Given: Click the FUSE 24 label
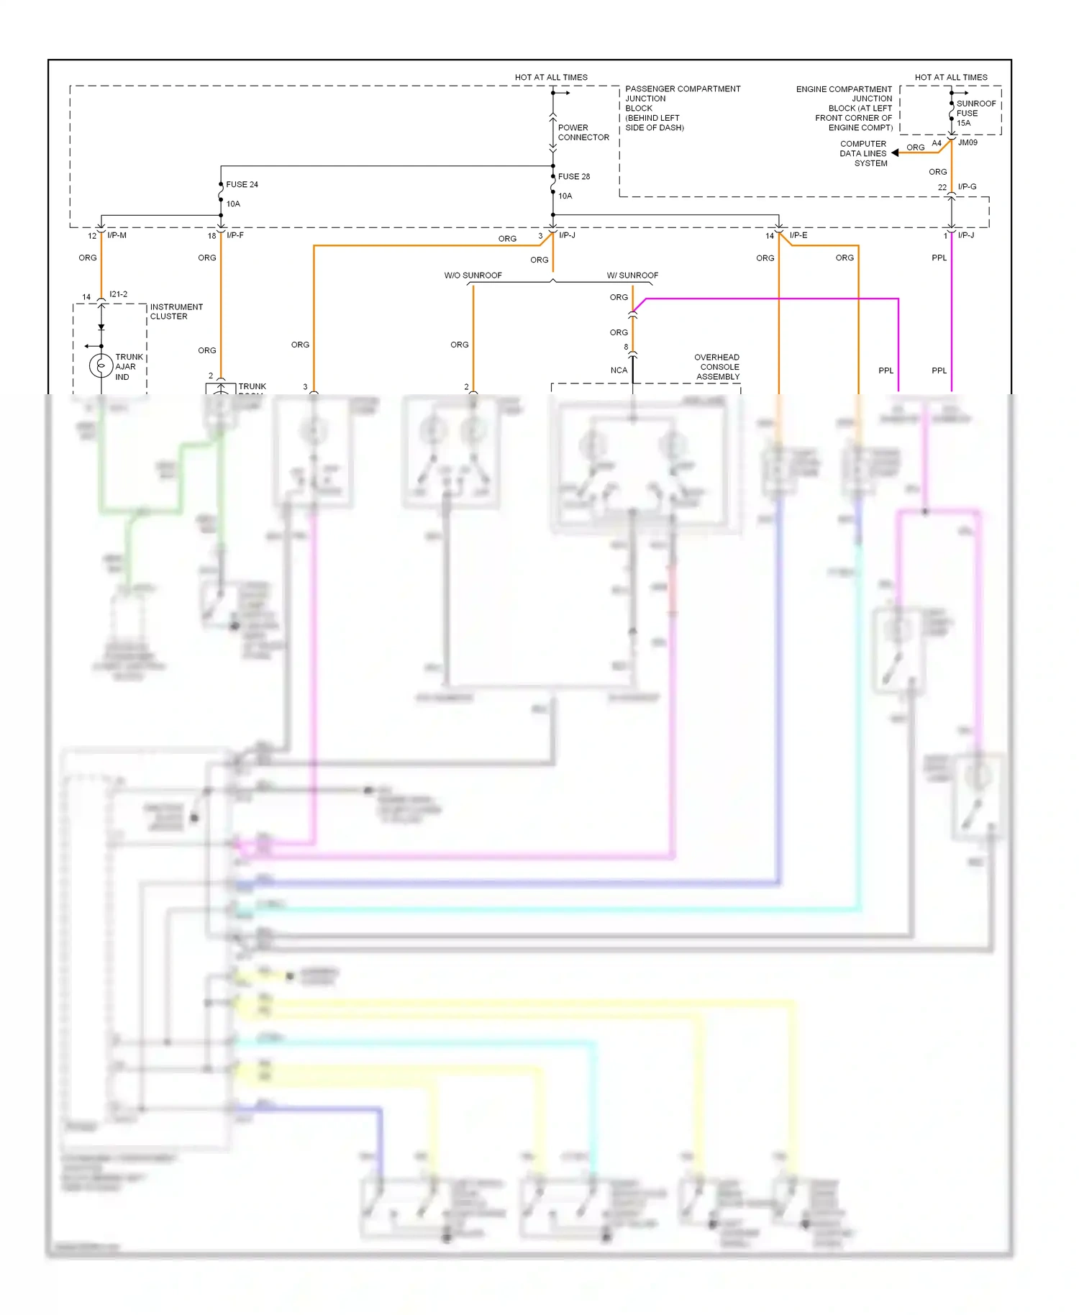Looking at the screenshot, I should [x=242, y=185].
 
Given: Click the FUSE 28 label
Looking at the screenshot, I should [x=573, y=177].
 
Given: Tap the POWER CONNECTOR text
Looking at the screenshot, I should [x=583, y=132].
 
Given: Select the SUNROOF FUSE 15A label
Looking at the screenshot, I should [x=975, y=114].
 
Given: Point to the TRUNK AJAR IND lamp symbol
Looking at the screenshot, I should [x=101, y=366].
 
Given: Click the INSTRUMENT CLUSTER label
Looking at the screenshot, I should [x=176, y=311].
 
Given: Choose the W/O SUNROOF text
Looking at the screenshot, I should [x=473, y=276].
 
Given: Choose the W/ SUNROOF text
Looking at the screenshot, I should [x=632, y=276].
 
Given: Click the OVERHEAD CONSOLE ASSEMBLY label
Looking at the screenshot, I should [x=717, y=367].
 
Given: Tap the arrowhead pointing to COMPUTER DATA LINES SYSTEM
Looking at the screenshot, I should [x=895, y=153].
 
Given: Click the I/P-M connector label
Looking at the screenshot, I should [x=117, y=236].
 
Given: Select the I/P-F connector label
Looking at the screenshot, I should [x=235, y=236].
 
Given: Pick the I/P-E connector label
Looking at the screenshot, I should [x=798, y=236].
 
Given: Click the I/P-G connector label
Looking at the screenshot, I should [x=967, y=187].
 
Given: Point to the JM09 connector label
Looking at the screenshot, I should [x=968, y=143].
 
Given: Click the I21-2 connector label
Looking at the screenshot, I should [x=118, y=294].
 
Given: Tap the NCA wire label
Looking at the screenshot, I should [x=619, y=370].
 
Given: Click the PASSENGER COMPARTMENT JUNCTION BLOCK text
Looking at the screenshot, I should [x=682, y=108].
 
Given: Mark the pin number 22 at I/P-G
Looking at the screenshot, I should [x=942, y=188].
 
